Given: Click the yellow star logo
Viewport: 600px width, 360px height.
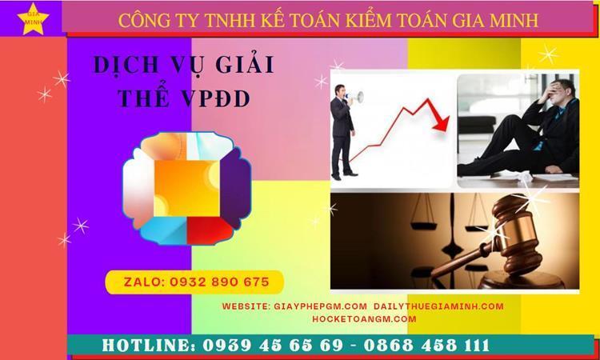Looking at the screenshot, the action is tap(33, 19).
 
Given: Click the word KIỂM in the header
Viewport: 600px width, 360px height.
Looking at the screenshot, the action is tap(369, 21).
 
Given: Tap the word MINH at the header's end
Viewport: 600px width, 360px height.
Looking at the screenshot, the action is tap(514, 21).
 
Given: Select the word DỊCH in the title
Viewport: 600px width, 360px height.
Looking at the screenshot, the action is tap(126, 65).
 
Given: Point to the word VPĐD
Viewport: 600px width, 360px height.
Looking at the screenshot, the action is tap(216, 99).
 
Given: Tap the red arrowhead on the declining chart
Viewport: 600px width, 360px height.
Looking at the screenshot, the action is tap(441, 124).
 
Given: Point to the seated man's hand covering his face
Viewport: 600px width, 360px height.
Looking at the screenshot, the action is tap(546, 93).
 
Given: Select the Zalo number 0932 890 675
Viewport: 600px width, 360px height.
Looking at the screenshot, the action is tap(220, 282).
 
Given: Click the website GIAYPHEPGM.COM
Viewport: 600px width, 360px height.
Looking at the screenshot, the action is tap(321, 306).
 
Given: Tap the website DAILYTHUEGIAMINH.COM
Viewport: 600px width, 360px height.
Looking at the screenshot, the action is tap(438, 306).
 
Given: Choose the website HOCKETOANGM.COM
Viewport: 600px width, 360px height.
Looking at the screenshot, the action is tap(364, 319).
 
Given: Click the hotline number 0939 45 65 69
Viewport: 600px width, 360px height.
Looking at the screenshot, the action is tap(273, 346).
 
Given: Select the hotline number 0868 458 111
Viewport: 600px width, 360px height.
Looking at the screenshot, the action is tap(426, 346).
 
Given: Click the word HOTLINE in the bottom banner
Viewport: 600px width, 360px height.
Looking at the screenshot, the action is tap(148, 346).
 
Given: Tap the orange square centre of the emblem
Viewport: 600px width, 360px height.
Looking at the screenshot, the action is tap(186, 188).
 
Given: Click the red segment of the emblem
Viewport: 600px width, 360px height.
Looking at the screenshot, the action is tap(210, 230).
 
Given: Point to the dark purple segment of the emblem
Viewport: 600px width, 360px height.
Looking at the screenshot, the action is tap(235, 187).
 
